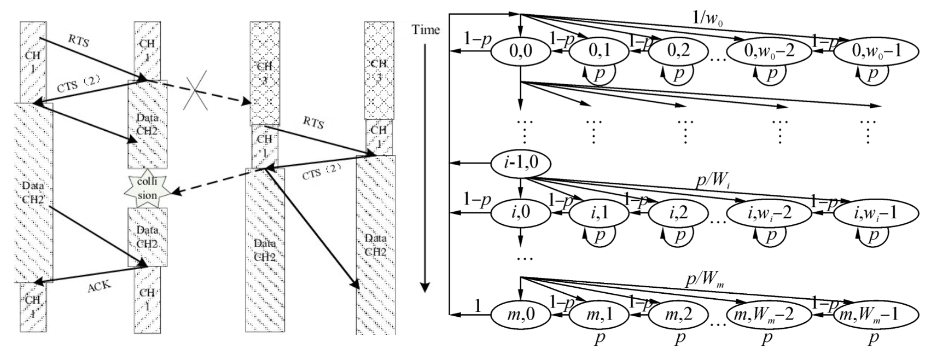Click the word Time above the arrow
tap(426, 30)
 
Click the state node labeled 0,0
tap(520, 52)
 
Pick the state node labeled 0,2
tap(679, 52)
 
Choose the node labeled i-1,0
tap(520, 163)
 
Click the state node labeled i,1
tap(599, 213)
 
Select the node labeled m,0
tap(520, 315)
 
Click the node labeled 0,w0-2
tap(769, 52)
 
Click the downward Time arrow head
tap(425, 287)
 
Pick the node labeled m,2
tap(679, 315)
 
